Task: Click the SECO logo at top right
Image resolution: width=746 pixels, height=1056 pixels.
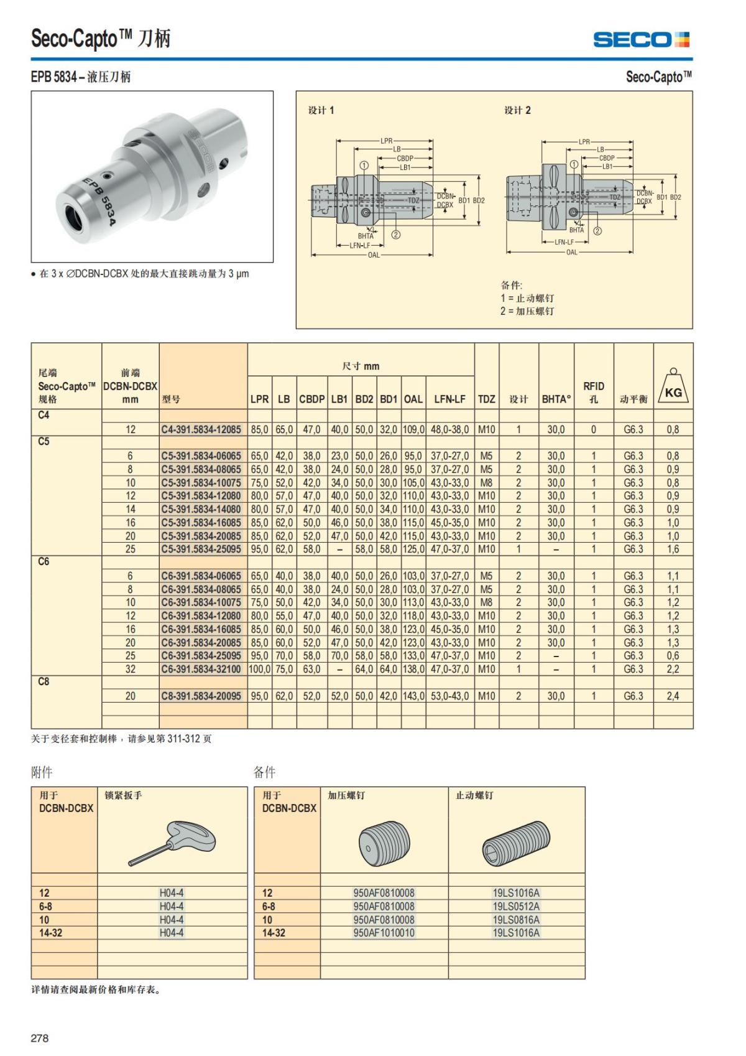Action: tap(641, 39)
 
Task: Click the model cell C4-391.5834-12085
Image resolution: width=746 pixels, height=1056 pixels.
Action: tap(201, 429)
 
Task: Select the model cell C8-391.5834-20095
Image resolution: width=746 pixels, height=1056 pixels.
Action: tap(201, 696)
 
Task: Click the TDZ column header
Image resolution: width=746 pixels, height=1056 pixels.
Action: tap(486, 399)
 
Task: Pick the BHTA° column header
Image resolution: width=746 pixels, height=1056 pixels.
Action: tap(556, 399)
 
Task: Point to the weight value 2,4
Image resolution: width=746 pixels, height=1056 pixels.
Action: tap(673, 696)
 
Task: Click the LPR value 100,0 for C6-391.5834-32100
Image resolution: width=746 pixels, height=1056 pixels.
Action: tap(260, 670)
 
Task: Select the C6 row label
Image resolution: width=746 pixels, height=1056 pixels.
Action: tap(44, 562)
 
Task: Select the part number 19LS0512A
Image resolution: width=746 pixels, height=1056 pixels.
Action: tap(516, 907)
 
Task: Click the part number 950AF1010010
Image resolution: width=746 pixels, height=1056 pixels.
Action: tap(384, 933)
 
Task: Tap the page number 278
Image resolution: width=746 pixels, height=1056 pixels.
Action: tap(40, 1038)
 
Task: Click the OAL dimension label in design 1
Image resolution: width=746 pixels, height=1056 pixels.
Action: tap(373, 255)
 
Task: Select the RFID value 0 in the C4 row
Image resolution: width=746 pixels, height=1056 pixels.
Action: tap(593, 429)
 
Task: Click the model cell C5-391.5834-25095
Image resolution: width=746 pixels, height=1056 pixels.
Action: tap(201, 549)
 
